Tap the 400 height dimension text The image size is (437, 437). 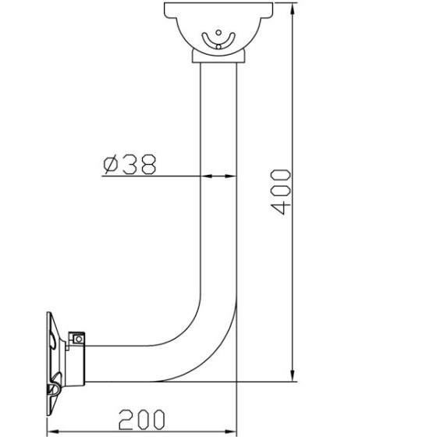282,192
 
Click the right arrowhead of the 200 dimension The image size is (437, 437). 232,430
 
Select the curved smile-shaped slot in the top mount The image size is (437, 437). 218,40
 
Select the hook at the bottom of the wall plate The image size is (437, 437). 56,389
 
